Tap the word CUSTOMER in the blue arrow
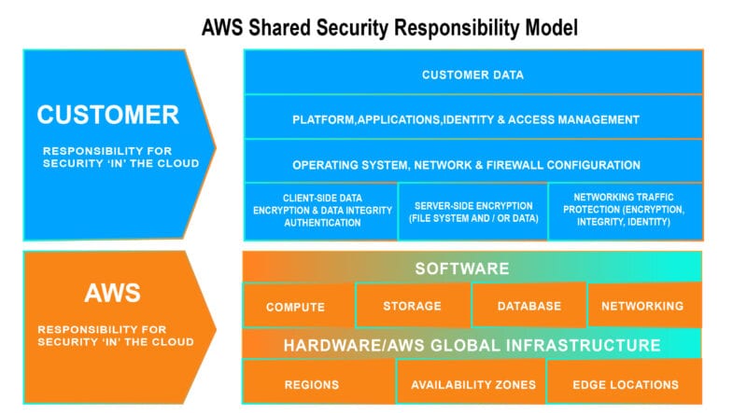[x=107, y=115]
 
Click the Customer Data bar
[x=472, y=75]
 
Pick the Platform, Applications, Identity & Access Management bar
[x=472, y=119]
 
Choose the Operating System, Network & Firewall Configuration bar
[x=472, y=164]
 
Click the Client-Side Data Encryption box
[x=320, y=211]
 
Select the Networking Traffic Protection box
[x=624, y=211]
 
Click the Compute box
[x=296, y=307]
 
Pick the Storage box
[x=412, y=306]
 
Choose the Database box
[x=529, y=306]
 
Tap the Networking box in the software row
[x=643, y=306]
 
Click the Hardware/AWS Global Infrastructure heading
[x=472, y=345]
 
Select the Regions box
[x=312, y=384]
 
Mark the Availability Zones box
[x=473, y=384]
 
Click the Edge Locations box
[x=626, y=384]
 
